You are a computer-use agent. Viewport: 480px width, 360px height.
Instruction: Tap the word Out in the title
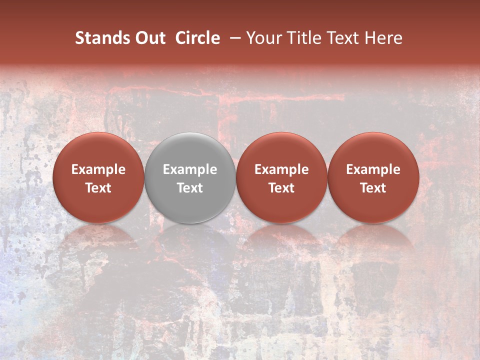click(149, 38)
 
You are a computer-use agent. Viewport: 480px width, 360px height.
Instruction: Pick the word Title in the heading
click(301, 38)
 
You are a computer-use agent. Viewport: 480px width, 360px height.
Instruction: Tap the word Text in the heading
click(340, 38)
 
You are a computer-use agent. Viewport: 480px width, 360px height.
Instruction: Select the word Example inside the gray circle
click(190, 169)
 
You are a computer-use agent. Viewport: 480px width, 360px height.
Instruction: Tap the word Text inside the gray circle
click(190, 188)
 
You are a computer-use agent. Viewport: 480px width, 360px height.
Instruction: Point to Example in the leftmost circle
click(98, 169)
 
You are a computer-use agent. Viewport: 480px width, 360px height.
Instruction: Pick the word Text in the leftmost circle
click(98, 188)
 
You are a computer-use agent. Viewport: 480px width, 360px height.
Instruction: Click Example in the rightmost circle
click(373, 169)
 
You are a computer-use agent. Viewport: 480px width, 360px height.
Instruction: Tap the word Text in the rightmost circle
click(373, 188)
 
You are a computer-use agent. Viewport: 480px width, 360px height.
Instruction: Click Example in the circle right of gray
click(281, 169)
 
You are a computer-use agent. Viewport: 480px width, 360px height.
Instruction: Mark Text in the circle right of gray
click(281, 188)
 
